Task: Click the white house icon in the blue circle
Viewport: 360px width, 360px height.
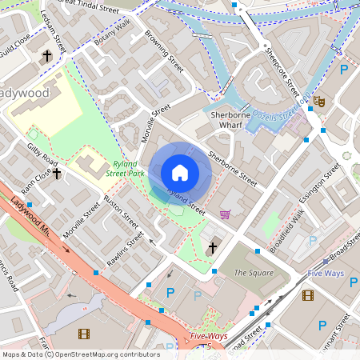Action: (x=180, y=173)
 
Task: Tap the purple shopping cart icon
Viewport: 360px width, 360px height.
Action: (x=226, y=214)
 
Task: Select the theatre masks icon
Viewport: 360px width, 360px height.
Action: (x=318, y=101)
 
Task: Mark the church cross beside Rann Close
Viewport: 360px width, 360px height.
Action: (x=57, y=173)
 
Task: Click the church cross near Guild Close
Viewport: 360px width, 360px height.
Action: (x=46, y=56)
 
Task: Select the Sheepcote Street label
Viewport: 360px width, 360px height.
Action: (x=282, y=70)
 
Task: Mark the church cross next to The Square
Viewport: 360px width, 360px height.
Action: (x=212, y=250)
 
